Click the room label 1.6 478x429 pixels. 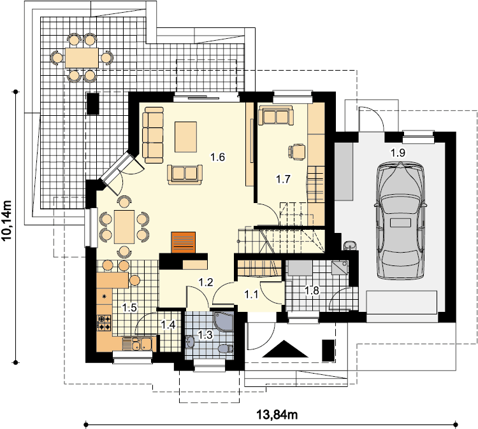click(x=218, y=157)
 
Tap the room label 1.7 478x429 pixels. click(x=283, y=179)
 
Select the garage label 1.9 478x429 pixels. click(x=398, y=153)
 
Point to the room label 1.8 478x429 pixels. click(x=312, y=290)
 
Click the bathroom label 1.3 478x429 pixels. click(x=205, y=335)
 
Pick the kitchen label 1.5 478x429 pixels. click(x=129, y=308)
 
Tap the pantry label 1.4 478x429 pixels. click(x=168, y=325)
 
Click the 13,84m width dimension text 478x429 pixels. click(x=277, y=414)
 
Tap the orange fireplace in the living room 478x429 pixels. click(x=183, y=243)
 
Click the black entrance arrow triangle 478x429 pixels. click(x=285, y=349)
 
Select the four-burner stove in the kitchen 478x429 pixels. click(x=104, y=323)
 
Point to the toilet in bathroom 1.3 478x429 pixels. click(x=226, y=348)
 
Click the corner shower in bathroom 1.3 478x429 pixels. click(x=224, y=321)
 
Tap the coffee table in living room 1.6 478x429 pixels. click(x=185, y=137)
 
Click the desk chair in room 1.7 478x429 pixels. click(x=296, y=151)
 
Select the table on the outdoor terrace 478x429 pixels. click(x=82, y=57)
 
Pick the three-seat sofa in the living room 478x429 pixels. click(x=153, y=135)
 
